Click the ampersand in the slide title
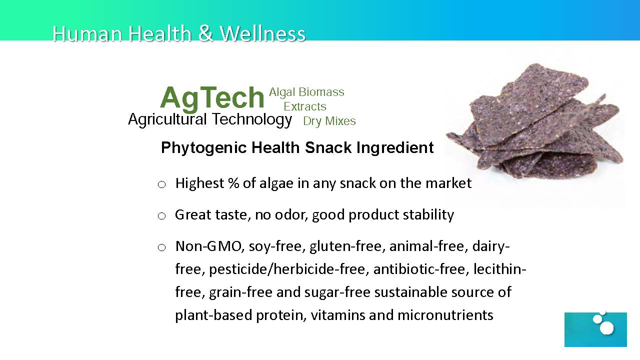pos(205,33)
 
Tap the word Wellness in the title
pos(262,33)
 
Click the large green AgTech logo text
pos(212,98)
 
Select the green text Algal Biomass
pos(306,92)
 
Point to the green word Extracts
pos(305,106)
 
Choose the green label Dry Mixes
pos(329,121)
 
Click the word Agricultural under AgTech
pos(167,119)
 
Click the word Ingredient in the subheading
pos(395,147)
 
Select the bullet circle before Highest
pos(161,184)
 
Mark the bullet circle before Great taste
pos(161,216)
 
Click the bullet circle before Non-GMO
pos(161,247)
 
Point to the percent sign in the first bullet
pos(233,183)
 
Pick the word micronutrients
pos(445,315)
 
